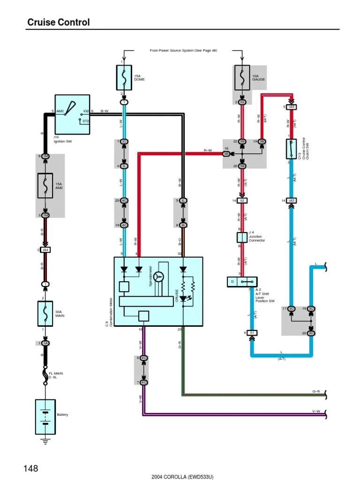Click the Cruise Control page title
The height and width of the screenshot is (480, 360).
pos(59,22)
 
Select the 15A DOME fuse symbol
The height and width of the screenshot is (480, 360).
pos(124,77)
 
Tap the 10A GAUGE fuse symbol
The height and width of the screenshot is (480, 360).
pos(242,77)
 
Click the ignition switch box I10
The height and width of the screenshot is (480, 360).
pos(73,114)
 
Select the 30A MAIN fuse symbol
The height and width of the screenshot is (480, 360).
pos(45,314)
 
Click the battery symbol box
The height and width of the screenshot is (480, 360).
pos(45,417)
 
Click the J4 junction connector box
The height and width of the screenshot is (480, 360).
pos(242,237)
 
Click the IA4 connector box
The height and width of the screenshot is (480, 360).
pos(45,250)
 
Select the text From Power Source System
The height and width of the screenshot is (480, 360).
pos(183,50)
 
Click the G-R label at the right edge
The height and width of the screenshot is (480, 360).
pos(316,391)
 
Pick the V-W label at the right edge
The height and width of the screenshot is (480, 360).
pos(316,411)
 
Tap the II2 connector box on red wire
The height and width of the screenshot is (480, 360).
pos(242,201)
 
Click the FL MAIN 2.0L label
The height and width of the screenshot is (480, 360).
pos(56,375)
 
